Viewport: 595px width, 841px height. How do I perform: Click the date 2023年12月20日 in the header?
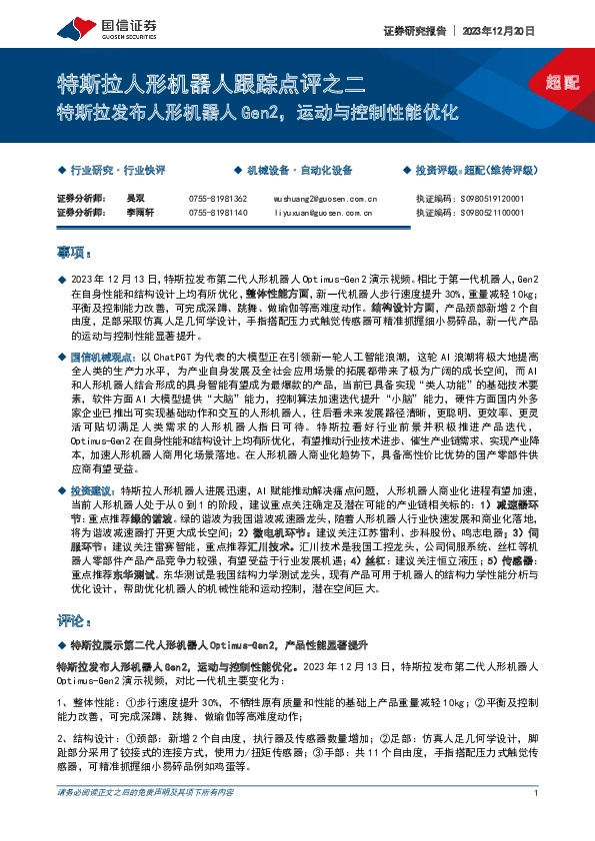[x=498, y=31]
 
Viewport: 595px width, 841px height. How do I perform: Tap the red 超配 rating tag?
[x=563, y=81]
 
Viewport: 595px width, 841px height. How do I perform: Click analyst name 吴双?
[x=120, y=199]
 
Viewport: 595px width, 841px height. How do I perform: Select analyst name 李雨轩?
[x=124, y=213]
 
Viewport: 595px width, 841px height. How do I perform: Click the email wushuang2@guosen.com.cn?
[x=324, y=199]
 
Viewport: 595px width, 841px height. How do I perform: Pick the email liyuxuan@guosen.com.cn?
[x=322, y=213]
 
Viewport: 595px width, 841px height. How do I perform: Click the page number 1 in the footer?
[x=537, y=821]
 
